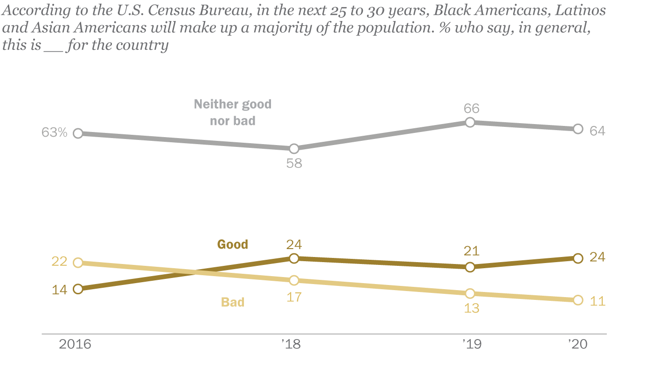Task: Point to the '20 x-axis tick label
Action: click(x=578, y=345)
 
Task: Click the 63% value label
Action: click(x=55, y=133)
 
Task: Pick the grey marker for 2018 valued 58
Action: click(x=294, y=149)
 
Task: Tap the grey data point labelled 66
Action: click(x=470, y=122)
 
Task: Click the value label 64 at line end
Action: click(x=597, y=131)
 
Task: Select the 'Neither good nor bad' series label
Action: click(x=232, y=112)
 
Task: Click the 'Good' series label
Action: click(x=232, y=244)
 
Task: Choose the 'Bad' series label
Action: click(x=232, y=302)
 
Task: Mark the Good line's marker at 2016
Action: click(x=78, y=289)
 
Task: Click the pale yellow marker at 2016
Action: click(x=78, y=263)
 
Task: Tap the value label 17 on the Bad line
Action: click(x=294, y=296)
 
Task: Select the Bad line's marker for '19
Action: click(x=470, y=293)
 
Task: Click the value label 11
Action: click(x=597, y=301)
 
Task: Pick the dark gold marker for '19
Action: click(x=470, y=267)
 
